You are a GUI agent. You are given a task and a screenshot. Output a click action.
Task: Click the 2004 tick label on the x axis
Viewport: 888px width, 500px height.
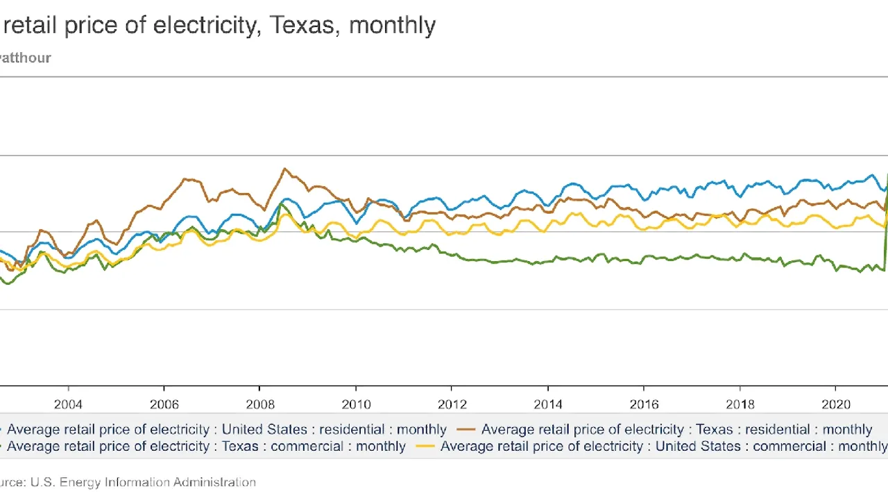point(68,405)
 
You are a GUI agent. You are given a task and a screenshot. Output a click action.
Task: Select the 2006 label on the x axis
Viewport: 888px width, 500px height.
point(164,405)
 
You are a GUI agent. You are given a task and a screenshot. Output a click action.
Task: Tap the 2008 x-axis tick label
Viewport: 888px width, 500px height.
point(259,405)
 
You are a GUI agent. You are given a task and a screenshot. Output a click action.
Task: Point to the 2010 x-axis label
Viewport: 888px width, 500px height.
point(356,405)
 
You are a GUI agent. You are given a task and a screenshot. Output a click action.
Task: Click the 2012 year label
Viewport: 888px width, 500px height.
point(452,405)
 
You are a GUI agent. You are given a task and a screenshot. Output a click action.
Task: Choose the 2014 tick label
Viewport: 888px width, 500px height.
point(548,405)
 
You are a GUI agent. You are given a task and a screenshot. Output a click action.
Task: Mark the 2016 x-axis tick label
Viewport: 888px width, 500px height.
point(644,405)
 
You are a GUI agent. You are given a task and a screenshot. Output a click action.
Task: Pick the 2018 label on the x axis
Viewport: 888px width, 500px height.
point(740,405)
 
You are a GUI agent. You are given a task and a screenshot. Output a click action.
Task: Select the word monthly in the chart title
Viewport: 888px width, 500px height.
point(392,26)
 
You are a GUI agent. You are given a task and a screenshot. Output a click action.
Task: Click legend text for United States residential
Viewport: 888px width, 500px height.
point(227,430)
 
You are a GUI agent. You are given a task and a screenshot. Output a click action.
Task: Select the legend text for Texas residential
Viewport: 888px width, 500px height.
point(676,430)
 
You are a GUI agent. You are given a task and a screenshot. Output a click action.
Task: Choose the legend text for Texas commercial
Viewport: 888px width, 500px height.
point(206,447)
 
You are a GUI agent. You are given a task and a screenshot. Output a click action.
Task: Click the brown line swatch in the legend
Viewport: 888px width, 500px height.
point(467,430)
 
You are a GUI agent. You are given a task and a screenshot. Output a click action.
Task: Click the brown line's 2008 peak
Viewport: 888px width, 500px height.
point(284,169)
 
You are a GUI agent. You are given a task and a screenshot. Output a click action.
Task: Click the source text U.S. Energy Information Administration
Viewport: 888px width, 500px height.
point(143,482)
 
